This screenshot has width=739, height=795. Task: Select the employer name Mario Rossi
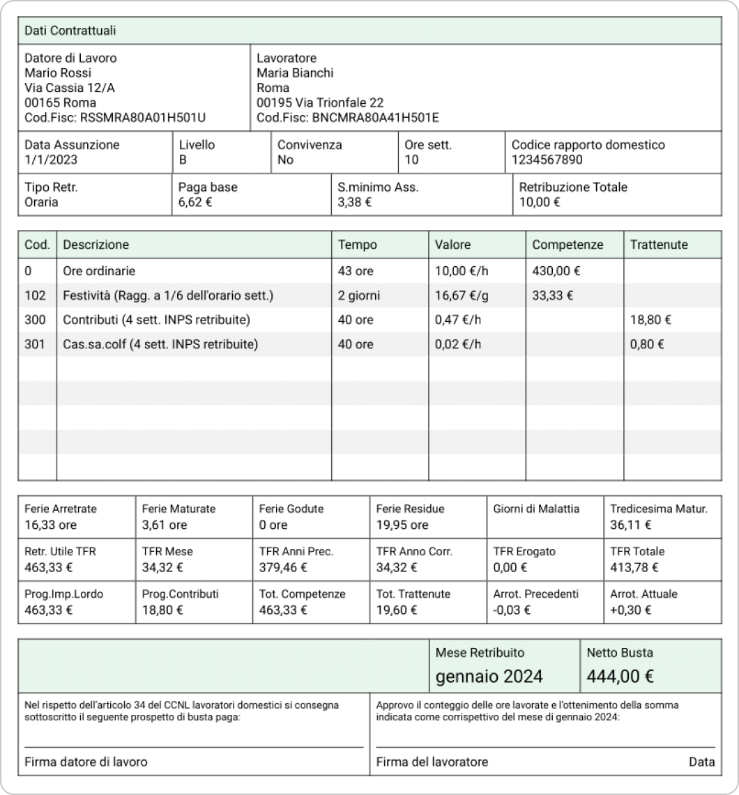pos(58,72)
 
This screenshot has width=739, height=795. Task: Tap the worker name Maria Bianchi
pos(295,72)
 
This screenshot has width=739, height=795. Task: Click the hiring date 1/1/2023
pos(51,160)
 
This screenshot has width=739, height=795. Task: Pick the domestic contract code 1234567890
pos(547,160)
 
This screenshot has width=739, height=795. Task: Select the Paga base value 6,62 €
pos(196,202)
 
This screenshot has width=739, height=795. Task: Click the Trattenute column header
pos(659,245)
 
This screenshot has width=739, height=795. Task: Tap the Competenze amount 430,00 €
pos(556,270)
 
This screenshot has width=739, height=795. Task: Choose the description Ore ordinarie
pos(99,270)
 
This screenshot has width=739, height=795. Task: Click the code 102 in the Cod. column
pos(34,295)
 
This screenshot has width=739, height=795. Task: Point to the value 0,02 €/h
pos(458,344)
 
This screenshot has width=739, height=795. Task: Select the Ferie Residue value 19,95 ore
pos(402,525)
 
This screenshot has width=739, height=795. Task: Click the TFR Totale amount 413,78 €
pos(634,566)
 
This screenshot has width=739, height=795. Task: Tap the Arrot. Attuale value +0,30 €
pos(630,609)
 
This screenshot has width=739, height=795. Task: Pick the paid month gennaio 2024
pos(489,676)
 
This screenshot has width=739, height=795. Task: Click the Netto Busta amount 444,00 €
pos(620,676)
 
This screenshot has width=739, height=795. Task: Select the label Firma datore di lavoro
pos(86,762)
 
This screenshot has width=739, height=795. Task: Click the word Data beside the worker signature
pos(701,762)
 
